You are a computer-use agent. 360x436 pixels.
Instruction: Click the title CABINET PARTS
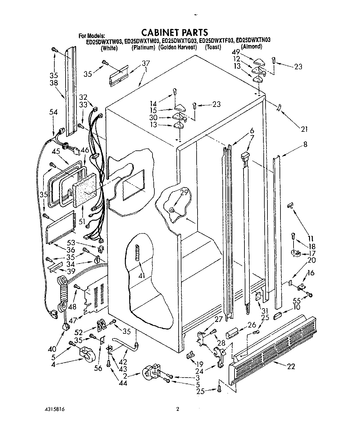click(175, 32)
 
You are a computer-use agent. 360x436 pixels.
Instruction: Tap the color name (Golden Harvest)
click(178, 47)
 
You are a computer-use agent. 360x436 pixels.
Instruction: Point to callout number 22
click(291, 366)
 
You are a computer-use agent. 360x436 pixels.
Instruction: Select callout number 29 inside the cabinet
click(185, 192)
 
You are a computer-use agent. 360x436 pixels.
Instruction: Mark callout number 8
click(305, 145)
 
